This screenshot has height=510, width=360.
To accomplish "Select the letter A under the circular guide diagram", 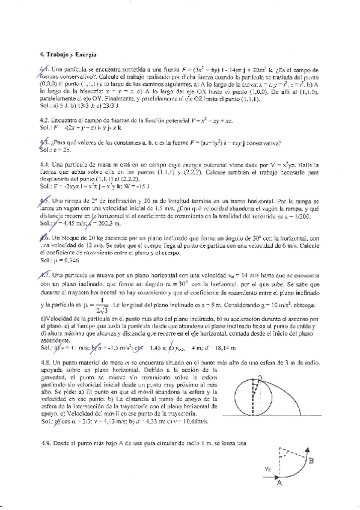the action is [x=279, y=483].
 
